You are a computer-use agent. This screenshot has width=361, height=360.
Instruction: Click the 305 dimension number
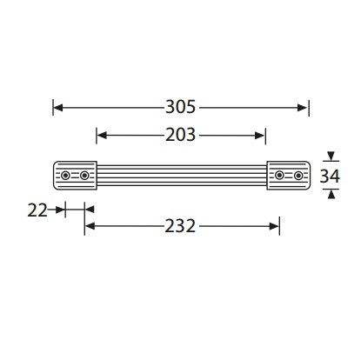pyautogui.click(x=180, y=107)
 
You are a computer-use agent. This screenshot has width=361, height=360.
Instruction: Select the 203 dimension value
pyautogui.click(x=180, y=135)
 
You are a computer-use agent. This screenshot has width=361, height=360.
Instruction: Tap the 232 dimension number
pyautogui.click(x=180, y=226)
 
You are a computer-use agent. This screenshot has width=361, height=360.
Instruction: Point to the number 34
pyautogui.click(x=330, y=176)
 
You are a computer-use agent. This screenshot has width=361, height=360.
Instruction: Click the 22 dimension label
pyautogui.click(x=37, y=210)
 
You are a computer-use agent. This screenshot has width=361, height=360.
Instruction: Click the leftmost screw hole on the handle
pyautogui.click(x=65, y=176)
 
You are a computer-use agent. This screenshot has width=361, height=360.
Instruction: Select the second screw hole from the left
pyautogui.click(x=84, y=176)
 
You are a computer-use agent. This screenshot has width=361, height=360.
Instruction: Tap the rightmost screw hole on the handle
pyautogui.click(x=298, y=176)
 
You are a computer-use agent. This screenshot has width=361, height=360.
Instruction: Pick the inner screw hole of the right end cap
pyautogui.click(x=279, y=176)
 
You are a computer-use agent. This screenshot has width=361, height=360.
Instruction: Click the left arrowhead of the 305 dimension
pyautogui.click(x=58, y=108)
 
